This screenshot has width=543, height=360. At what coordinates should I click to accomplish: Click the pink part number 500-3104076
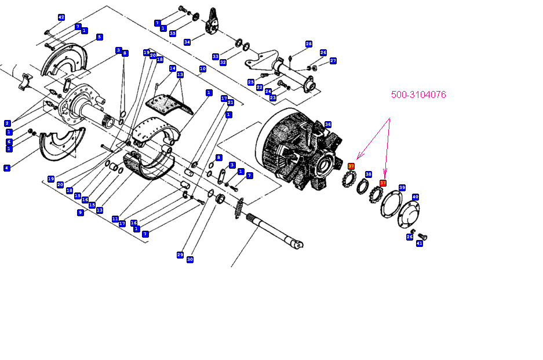coord(418,95)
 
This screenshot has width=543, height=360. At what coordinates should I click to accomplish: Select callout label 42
coord(61,17)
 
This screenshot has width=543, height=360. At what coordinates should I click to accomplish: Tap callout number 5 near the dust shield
coord(100,37)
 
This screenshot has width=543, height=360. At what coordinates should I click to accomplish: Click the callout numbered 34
coord(187,42)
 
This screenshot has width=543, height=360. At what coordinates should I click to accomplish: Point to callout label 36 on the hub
coord(328,125)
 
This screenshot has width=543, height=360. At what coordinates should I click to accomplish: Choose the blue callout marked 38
coord(369,174)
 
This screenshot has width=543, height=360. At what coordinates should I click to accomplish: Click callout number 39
coord(402,188)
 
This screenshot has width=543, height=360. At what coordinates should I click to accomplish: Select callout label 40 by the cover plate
coord(415,197)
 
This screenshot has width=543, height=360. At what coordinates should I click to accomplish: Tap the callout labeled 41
coord(420,243)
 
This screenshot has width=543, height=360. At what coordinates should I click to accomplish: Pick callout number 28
coord(309,44)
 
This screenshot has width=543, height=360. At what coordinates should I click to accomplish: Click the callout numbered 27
coord(333,61)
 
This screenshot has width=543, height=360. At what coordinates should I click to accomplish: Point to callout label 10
coord(202,69)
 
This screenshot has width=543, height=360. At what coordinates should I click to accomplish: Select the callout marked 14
coord(172,68)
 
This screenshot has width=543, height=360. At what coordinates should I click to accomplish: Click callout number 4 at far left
coord(7,168)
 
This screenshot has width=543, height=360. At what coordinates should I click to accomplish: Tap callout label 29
coord(180,255)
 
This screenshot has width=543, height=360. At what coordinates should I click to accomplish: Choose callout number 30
coord(190,260)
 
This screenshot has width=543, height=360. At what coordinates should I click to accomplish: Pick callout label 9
coord(81,213)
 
